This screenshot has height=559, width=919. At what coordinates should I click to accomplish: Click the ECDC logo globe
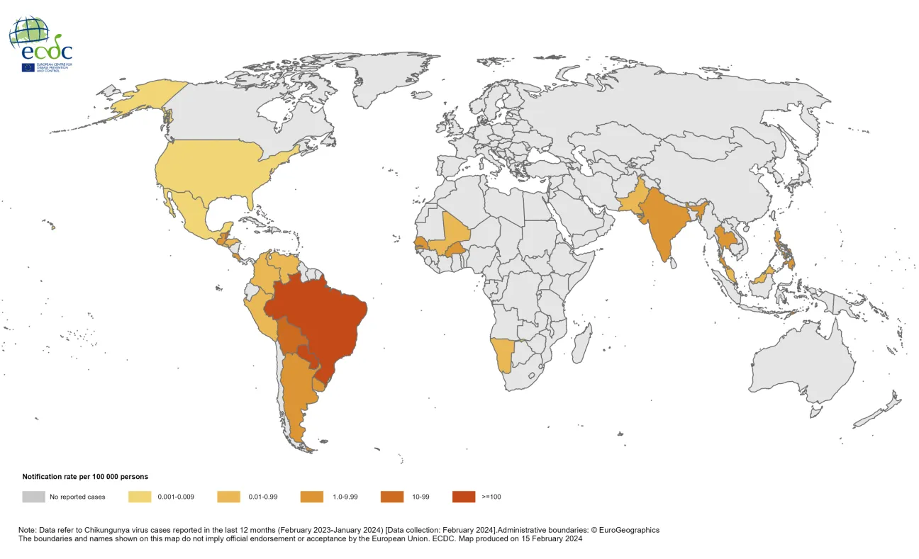[30, 33]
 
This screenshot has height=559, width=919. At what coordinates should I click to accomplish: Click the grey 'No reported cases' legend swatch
[33, 497]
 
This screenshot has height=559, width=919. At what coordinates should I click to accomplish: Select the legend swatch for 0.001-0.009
[140, 497]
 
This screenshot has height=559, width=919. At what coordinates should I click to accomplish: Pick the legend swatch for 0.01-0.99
[228, 497]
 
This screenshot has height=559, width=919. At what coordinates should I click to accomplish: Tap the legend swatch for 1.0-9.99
[312, 497]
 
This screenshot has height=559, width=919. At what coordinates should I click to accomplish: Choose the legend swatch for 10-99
[391, 497]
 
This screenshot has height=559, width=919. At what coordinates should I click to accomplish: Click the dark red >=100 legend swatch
[464, 497]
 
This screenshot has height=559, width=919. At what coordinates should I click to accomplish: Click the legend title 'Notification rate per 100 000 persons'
[85, 477]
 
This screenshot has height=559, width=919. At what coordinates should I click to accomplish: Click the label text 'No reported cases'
[77, 497]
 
